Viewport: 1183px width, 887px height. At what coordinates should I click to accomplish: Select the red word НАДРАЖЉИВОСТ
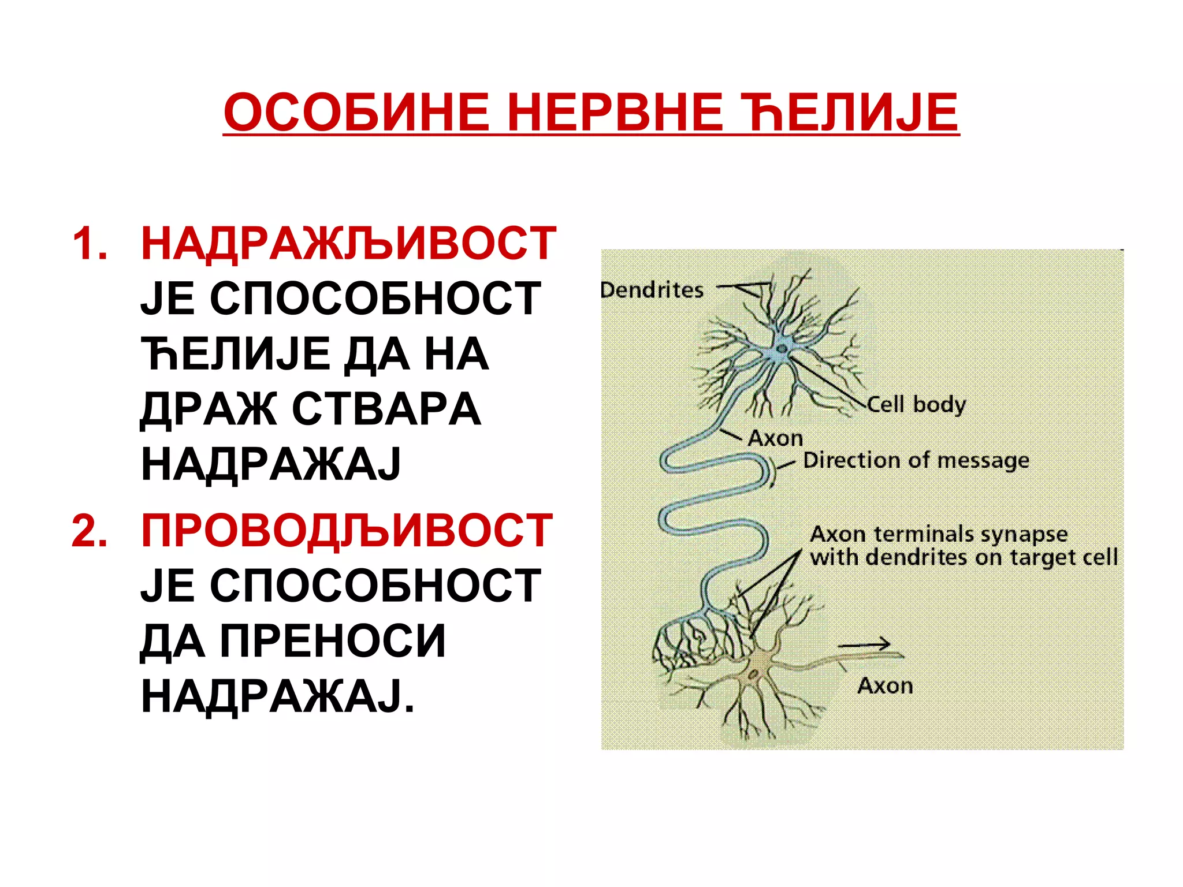click(x=348, y=244)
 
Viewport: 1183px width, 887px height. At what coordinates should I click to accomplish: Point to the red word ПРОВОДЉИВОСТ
click(x=347, y=530)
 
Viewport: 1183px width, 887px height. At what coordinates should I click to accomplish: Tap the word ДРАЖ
click(x=208, y=409)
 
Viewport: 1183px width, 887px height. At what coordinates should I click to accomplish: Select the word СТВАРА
click(x=386, y=409)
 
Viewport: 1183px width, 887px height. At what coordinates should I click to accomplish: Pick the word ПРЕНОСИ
click(x=333, y=640)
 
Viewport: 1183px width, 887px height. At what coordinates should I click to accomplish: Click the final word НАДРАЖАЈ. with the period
click(x=277, y=696)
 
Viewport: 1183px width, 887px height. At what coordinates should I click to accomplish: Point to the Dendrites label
click(x=652, y=289)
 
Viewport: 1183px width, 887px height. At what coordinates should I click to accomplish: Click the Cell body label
click(x=916, y=404)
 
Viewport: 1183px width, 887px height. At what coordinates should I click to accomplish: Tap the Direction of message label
click(x=916, y=460)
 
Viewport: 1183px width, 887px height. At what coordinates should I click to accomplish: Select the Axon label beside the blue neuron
click(x=775, y=438)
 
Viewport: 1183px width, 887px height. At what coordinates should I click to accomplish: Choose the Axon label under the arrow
click(x=885, y=685)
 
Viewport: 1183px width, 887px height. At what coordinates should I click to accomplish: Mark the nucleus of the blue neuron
click(x=782, y=348)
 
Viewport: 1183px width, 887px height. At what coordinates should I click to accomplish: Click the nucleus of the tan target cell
click(x=754, y=673)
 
